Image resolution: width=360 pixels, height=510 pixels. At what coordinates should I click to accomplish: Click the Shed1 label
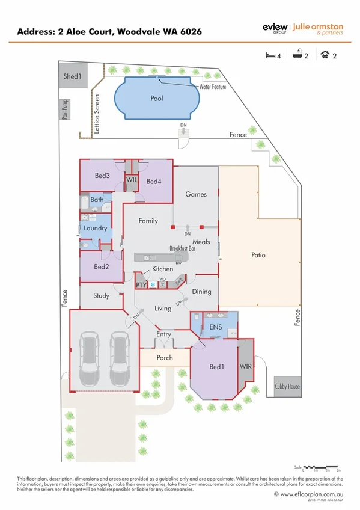click(x=72, y=77)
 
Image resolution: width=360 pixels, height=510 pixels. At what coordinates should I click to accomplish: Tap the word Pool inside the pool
click(x=157, y=98)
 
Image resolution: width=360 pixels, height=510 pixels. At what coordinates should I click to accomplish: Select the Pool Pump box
click(x=64, y=109)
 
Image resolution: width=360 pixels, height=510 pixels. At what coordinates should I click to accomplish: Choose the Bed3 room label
click(x=102, y=176)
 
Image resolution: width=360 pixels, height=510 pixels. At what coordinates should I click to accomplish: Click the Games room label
click(x=196, y=194)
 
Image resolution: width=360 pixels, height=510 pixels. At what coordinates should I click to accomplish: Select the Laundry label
click(x=96, y=229)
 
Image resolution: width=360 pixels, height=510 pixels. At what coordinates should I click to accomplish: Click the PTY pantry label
click(x=141, y=284)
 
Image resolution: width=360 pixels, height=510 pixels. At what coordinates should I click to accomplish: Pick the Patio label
click(x=258, y=255)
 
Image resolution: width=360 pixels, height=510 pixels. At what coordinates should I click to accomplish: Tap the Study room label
click(x=101, y=295)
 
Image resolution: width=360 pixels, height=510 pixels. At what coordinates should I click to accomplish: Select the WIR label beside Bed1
click(x=245, y=366)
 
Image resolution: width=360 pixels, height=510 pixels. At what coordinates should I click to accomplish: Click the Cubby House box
click(x=287, y=387)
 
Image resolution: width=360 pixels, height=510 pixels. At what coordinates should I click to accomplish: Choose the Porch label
click(x=164, y=358)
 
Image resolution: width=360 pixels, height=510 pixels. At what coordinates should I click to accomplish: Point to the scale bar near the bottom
click(x=322, y=467)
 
